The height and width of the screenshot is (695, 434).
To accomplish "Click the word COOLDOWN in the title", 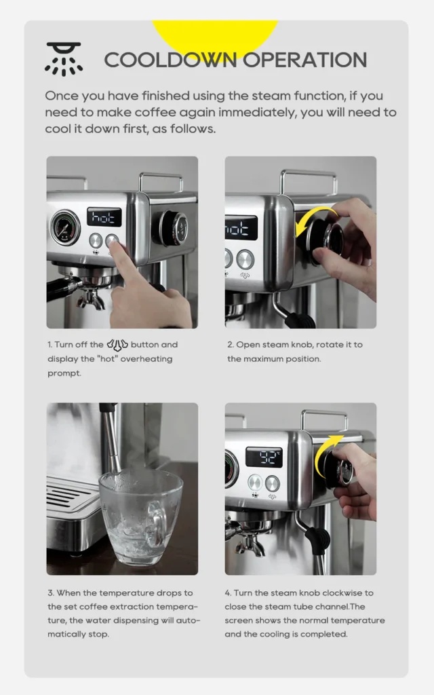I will (171, 60).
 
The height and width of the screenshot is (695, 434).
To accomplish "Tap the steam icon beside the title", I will (64, 58).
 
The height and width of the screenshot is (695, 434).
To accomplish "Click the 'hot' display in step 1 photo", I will (104, 217).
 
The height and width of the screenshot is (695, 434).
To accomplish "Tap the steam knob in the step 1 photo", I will (174, 228).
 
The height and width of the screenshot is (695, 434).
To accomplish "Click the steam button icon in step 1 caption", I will (117, 344).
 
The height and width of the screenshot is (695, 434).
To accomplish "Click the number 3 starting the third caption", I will (50, 593).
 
